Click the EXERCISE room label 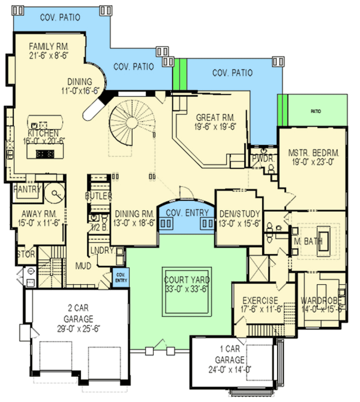pos(260,300)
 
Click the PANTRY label pos(27,189)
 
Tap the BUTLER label pos(99,196)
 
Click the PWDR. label pos(263,160)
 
